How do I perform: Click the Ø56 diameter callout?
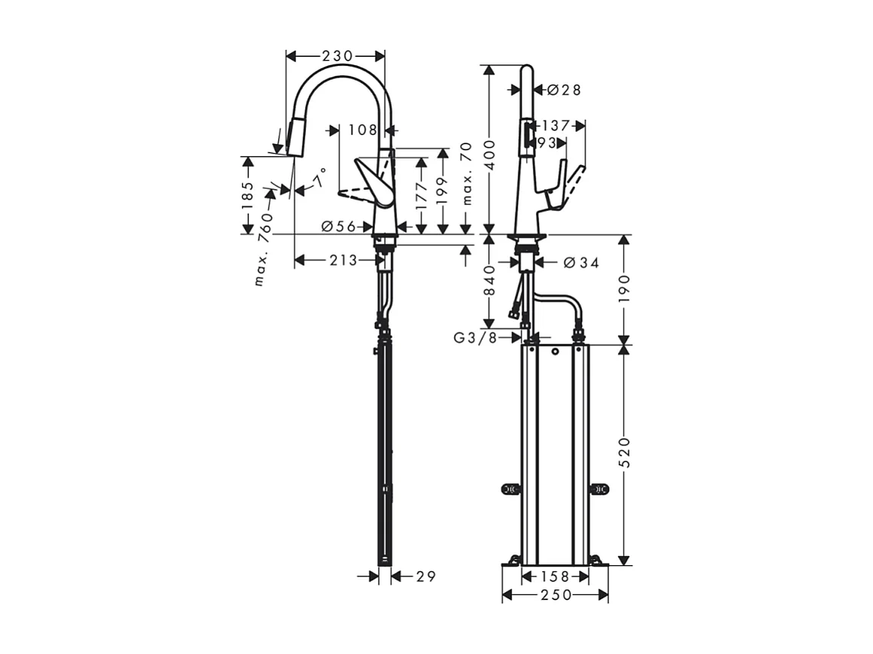tap(339, 226)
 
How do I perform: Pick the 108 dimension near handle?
tap(362, 130)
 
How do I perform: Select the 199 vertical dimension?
tap(443, 193)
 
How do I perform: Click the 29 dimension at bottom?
tap(426, 577)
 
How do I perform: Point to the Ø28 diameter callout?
tap(563, 90)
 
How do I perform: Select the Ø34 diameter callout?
tap(581, 263)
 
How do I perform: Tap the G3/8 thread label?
tap(475, 338)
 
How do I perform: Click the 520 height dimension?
tap(624, 453)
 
